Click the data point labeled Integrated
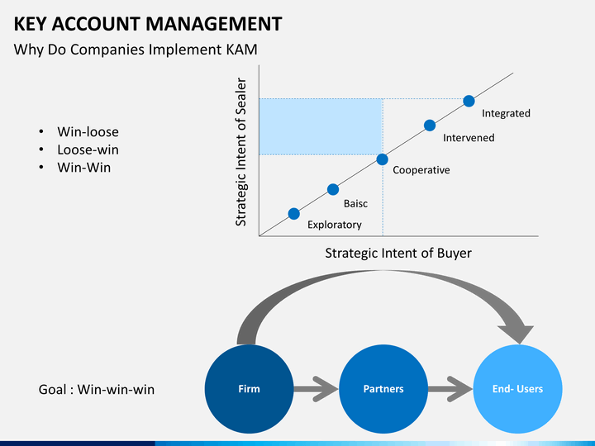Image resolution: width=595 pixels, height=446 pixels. tap(469, 102)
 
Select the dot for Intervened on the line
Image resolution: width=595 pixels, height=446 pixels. tap(430, 126)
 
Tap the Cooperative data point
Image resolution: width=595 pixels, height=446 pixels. tap(382, 159)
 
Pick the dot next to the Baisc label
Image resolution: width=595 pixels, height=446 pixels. tap(333, 189)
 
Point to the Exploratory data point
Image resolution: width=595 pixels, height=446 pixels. tap(293, 214)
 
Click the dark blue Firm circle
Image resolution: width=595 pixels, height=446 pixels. tap(249, 389)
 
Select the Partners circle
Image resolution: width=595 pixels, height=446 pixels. tap(383, 389)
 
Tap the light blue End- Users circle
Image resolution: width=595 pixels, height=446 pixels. tap(517, 389)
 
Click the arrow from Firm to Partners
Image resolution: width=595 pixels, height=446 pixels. tap(316, 389)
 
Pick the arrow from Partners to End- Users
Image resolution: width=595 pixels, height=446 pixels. tap(450, 389)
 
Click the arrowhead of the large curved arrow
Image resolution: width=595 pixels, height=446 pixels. tap(516, 334)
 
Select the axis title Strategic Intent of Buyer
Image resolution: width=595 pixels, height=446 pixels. tap(398, 253)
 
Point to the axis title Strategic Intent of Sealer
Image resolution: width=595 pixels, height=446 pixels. tap(241, 152)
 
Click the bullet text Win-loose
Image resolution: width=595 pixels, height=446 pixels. tap(88, 131)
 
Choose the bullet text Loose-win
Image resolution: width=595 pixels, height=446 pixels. tap(88, 149)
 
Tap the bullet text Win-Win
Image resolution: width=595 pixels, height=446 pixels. tap(83, 167)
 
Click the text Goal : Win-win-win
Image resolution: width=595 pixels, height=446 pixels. tap(97, 390)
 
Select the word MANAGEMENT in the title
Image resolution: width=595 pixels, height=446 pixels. tap(214, 23)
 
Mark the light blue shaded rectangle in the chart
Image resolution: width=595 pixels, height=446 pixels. tap(321, 126)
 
